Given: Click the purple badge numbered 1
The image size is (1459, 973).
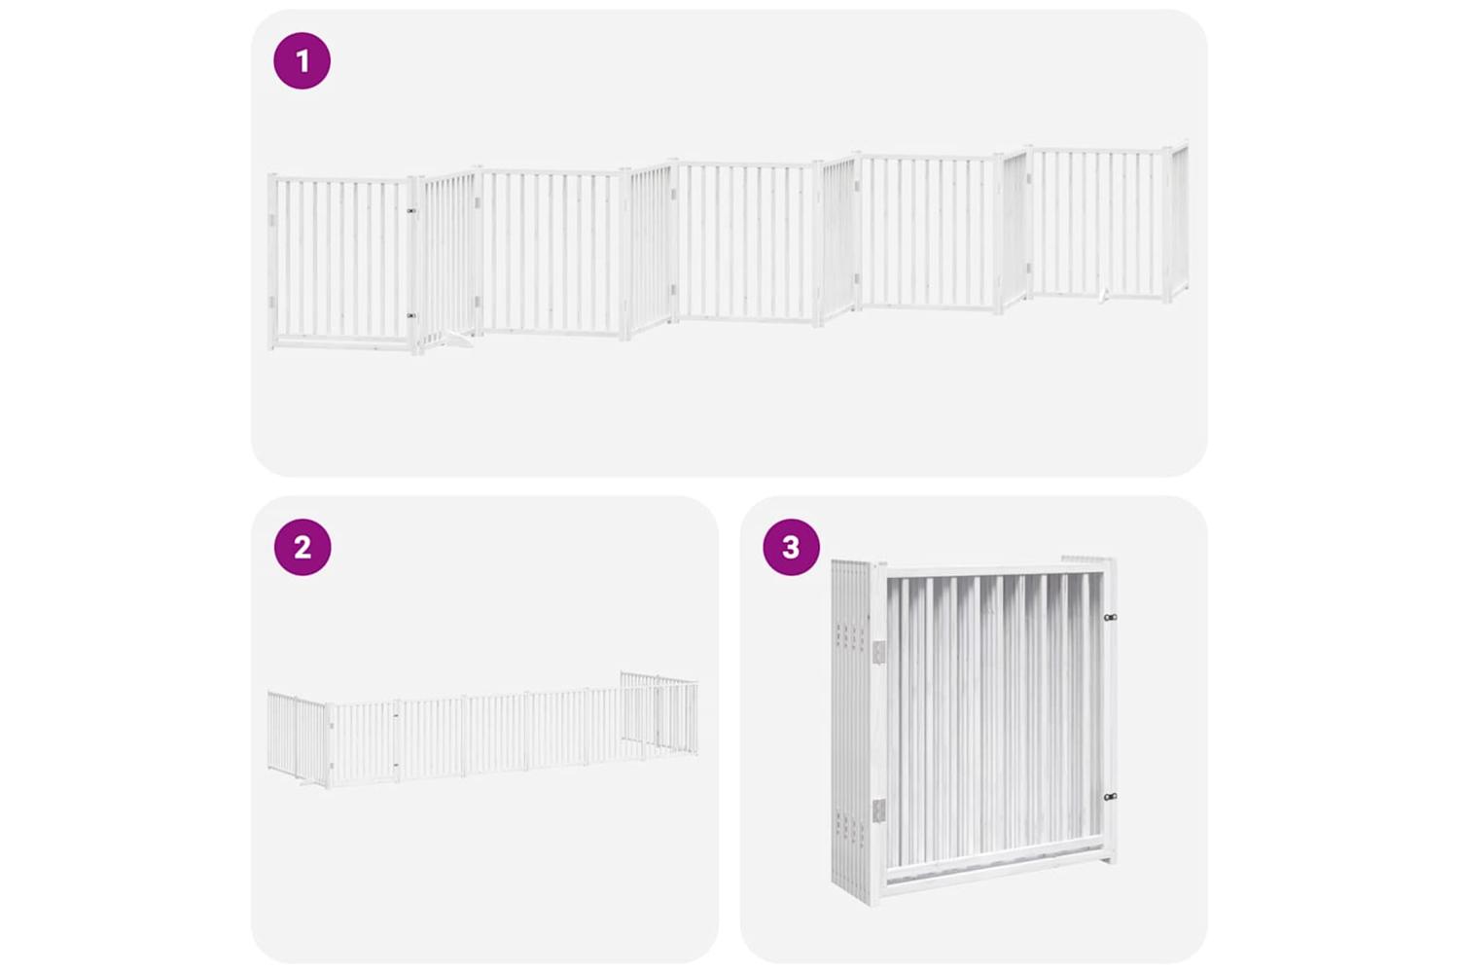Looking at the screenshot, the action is (x=302, y=60).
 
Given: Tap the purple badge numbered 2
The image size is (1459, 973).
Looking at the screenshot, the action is (x=302, y=547).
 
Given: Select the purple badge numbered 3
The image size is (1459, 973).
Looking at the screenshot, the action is (x=792, y=547).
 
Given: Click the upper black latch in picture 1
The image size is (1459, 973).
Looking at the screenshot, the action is (x=411, y=211).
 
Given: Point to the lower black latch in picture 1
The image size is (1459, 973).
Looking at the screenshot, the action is (x=411, y=315).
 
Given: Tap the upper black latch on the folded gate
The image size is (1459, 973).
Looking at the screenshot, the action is (x=1111, y=617).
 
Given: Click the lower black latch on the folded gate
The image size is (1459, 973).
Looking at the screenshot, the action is (x=1111, y=796).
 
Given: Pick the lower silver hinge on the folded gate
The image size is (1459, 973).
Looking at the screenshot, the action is (x=879, y=811).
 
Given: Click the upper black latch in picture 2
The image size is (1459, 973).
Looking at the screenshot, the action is (x=395, y=716).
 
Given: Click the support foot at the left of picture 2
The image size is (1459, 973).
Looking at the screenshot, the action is (x=308, y=785).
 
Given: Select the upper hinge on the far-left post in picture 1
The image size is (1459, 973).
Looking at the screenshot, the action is (x=271, y=220).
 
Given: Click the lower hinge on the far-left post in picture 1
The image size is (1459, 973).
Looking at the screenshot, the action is (x=271, y=301).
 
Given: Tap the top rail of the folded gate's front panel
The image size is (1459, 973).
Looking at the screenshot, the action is (x=994, y=571).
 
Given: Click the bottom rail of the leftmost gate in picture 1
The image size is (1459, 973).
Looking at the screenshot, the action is (x=342, y=342).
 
